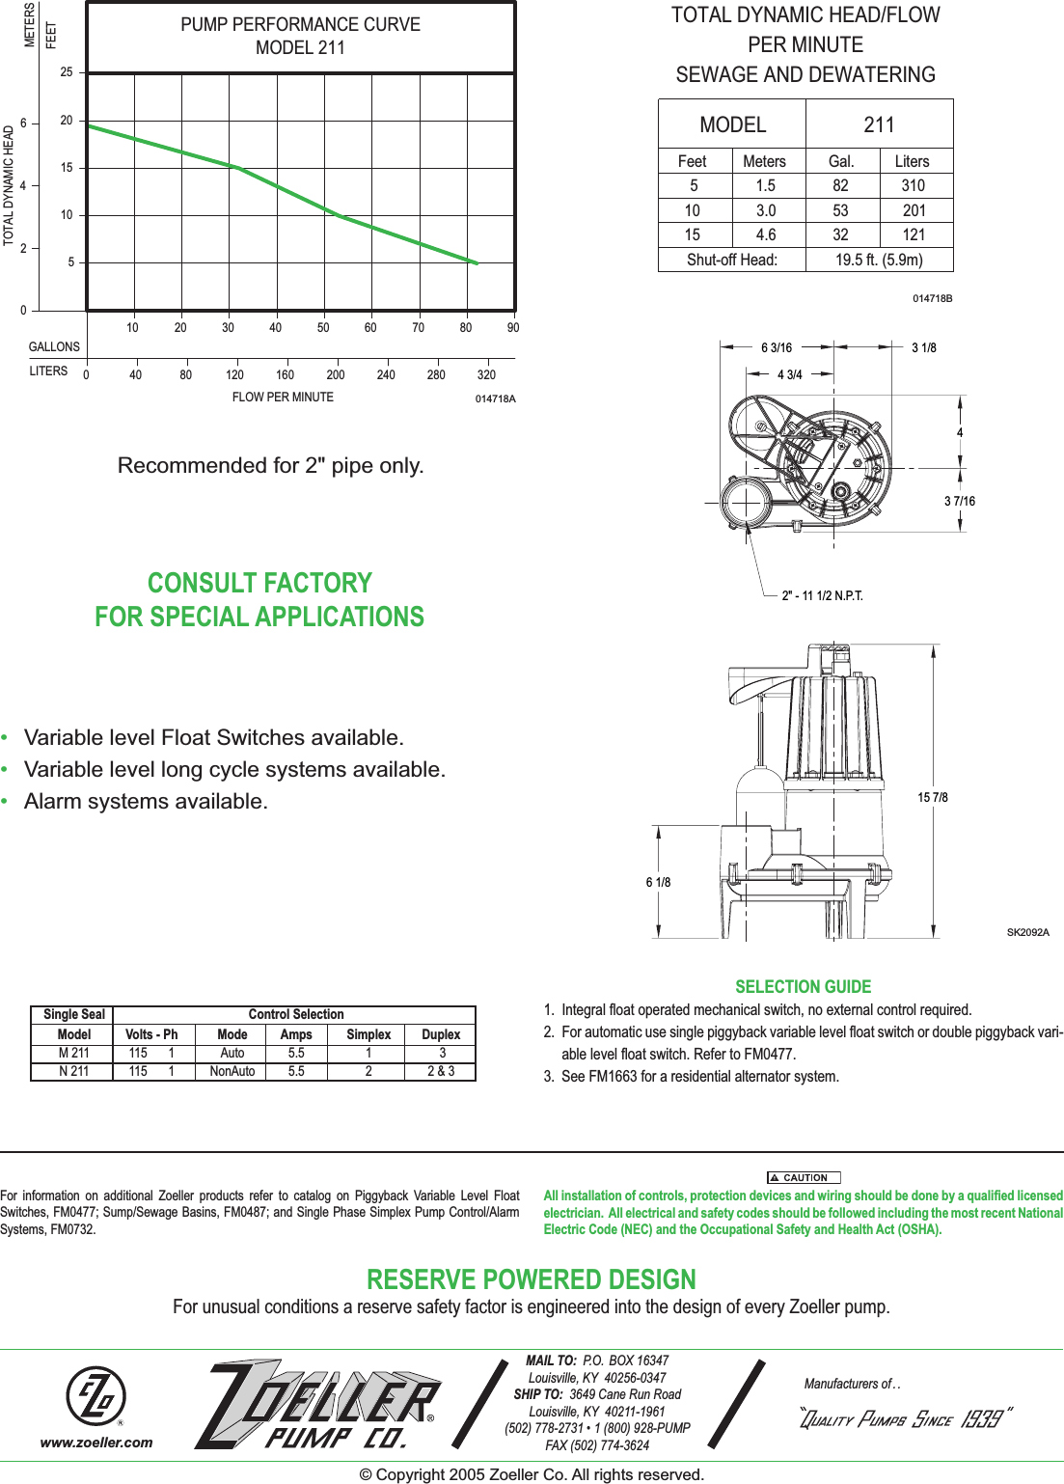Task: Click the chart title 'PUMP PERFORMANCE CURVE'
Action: click(300, 25)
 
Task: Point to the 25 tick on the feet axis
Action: click(67, 72)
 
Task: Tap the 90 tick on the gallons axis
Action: click(513, 328)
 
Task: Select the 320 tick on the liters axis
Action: click(486, 375)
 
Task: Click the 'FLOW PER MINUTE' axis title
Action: click(283, 398)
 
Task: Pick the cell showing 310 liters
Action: click(913, 186)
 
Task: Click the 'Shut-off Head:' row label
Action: click(731, 260)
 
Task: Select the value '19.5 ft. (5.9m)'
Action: click(879, 260)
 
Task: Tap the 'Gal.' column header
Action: click(841, 161)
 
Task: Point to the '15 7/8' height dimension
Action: click(933, 797)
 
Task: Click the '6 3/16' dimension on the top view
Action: click(777, 347)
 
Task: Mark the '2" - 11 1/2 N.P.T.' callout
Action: click(822, 595)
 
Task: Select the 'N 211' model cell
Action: click(73, 1071)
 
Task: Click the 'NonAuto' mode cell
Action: click(232, 1071)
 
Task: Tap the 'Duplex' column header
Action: click(441, 1034)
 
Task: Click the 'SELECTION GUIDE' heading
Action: click(803, 987)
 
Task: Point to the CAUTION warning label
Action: click(804, 1177)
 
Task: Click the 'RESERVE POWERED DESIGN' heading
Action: click(532, 1280)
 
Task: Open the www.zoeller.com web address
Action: click(96, 1443)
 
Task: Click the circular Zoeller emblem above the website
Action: click(95, 1396)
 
